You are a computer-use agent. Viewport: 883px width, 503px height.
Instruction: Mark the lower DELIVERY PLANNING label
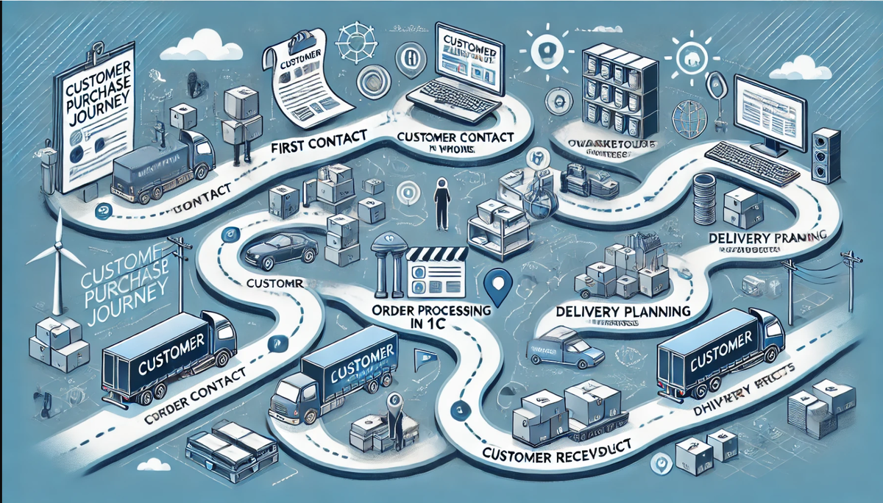[623, 311]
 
